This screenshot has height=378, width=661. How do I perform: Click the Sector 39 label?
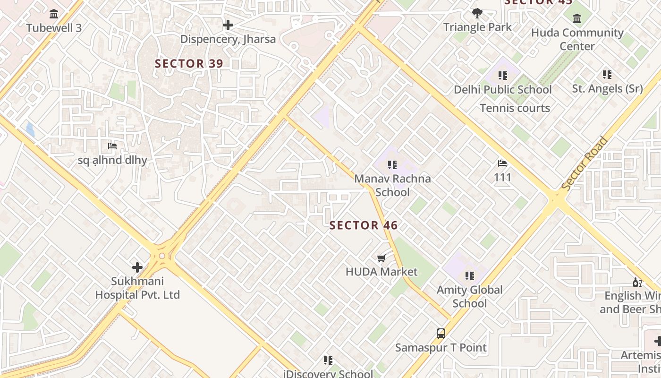pos(189,63)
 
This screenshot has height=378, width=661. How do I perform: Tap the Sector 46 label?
pos(364,225)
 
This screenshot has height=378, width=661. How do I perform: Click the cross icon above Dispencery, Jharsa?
pos(228,25)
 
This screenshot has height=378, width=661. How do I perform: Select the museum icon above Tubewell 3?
pos(54,14)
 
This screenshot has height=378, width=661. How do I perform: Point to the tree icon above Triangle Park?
pos(477,13)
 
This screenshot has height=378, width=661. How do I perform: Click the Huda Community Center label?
pos(577,39)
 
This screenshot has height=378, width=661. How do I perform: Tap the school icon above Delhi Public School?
pos(503,76)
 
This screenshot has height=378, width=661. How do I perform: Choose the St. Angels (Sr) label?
pos(607,88)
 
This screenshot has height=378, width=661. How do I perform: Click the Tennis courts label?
pos(515,108)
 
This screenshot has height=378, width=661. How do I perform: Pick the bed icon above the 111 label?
pos(502,163)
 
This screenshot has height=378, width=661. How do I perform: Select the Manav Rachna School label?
pos(392,185)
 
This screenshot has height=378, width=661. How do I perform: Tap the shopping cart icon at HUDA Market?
pos(381,258)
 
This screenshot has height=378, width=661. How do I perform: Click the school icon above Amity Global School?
pos(469,275)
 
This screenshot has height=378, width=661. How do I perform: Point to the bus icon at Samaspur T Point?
pos(441,334)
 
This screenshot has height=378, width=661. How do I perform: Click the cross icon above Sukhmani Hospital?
pos(137,267)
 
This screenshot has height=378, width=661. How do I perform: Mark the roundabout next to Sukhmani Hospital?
pos(162,256)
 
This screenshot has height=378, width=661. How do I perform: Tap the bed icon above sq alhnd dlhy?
pos(112,146)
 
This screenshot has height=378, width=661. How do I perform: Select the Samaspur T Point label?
pos(441,348)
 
